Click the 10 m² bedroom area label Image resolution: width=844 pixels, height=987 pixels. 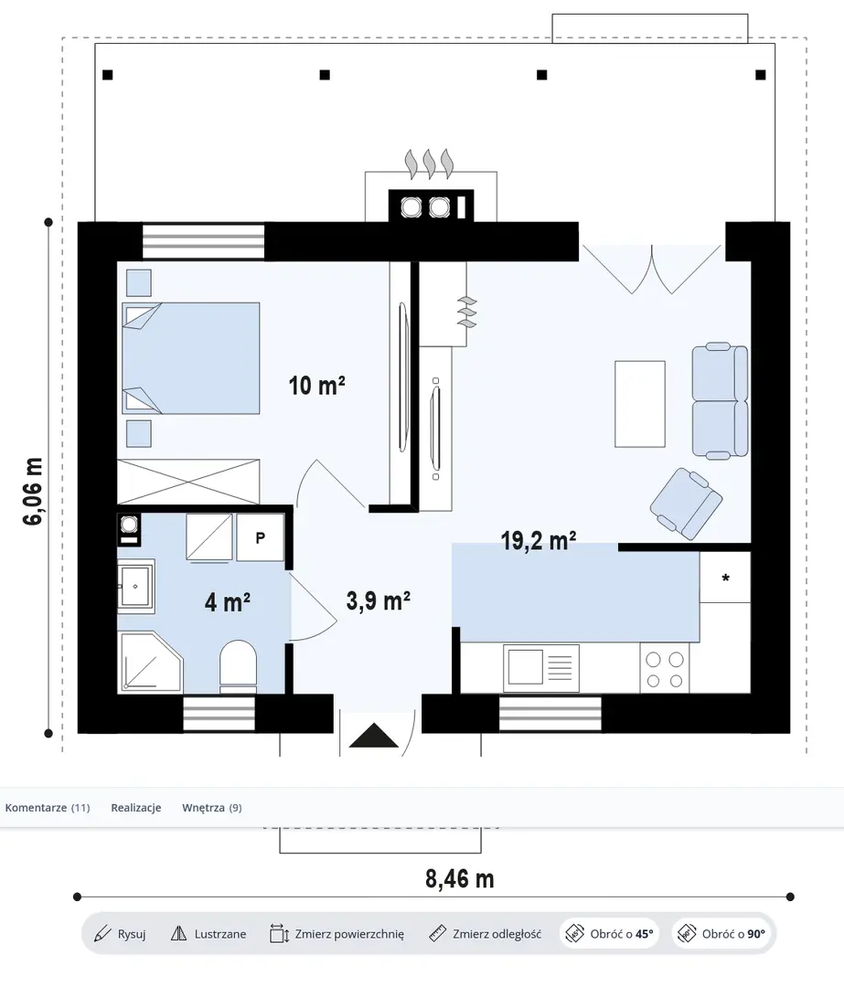316,385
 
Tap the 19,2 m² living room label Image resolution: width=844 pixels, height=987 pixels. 539,541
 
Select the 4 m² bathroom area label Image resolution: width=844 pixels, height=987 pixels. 228,602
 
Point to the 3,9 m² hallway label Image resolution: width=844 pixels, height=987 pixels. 379,600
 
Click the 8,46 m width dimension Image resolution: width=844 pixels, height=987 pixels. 460,878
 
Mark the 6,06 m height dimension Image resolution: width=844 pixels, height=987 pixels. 33,491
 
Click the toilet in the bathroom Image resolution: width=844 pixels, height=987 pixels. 238,666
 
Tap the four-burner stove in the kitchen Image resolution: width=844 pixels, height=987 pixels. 665,669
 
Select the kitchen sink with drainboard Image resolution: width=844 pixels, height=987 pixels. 541,667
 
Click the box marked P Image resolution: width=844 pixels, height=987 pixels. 260,537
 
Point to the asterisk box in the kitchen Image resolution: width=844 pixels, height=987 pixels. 725,578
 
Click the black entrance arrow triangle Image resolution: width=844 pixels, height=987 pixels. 374,735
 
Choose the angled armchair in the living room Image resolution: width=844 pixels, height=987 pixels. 686,504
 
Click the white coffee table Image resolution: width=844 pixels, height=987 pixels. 640,404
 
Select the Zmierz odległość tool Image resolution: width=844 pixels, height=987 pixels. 485,934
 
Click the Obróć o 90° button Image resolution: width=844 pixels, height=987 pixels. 723,934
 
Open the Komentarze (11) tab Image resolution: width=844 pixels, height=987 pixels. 48,808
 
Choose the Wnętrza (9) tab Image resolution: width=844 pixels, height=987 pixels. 211,808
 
